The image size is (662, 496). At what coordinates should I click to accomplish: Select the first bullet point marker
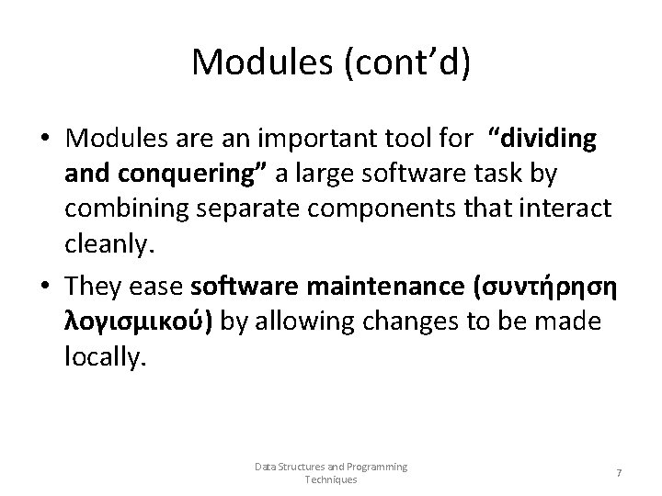click(x=43, y=140)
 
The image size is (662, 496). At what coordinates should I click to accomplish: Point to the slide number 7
click(x=619, y=472)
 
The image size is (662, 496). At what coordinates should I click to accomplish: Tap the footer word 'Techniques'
click(x=331, y=479)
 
